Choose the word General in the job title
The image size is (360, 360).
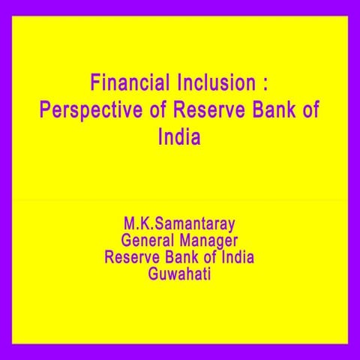click(150, 241)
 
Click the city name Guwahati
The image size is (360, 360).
click(180, 274)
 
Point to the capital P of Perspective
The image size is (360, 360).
click(44, 109)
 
